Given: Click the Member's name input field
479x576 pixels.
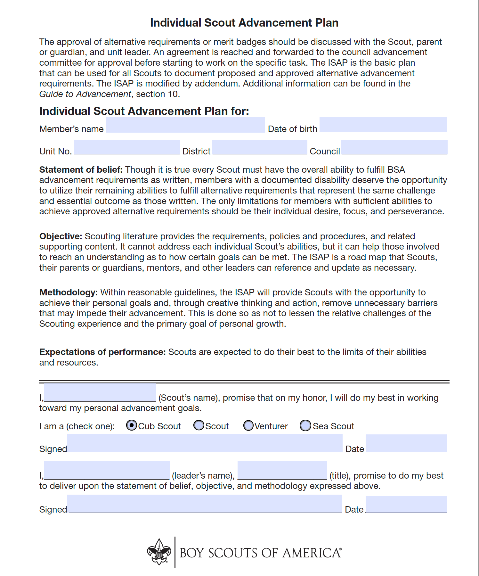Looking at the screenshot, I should (185, 125).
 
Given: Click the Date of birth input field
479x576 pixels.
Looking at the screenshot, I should (383, 125).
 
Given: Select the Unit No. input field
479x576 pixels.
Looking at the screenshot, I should (127, 147).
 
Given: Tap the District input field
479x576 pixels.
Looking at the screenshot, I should (259, 147).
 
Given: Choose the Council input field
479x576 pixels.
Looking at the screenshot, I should (394, 147).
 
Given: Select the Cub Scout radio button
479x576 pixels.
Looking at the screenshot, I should (131, 425).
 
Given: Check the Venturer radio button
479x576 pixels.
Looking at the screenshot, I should (248, 426).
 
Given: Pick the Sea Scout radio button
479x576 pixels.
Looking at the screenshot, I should (305, 426).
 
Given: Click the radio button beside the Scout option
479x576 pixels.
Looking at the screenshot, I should (199, 426).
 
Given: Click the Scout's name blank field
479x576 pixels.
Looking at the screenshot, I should (100, 392).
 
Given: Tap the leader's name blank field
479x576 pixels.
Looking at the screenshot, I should (107, 470).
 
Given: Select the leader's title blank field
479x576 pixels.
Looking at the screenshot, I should (282, 470).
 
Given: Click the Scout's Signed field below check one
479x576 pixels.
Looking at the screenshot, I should (205, 443).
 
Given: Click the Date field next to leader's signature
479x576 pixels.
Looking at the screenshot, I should (406, 504).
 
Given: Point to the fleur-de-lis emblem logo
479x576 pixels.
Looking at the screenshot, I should (159, 552).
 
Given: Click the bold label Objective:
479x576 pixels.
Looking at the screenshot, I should (61, 236).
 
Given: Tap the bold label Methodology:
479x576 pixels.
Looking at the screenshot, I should (69, 292).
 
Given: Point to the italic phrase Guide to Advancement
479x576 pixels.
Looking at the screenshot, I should (85, 94).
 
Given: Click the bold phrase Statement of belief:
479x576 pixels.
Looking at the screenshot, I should (81, 170).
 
